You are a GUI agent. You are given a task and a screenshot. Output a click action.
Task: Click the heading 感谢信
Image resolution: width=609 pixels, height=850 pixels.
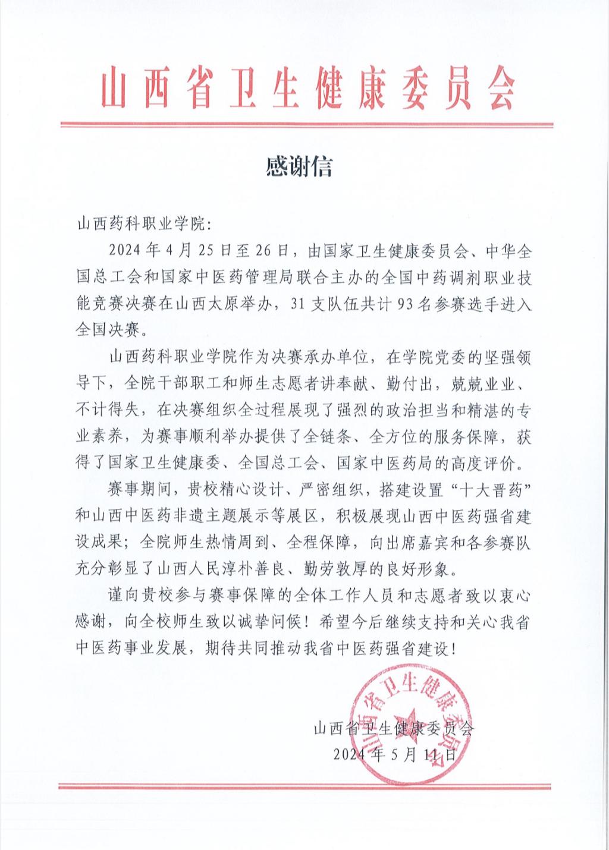pyautogui.click(x=299, y=167)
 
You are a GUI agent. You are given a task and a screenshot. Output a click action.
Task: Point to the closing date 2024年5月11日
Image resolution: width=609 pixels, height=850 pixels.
pyautogui.click(x=395, y=755)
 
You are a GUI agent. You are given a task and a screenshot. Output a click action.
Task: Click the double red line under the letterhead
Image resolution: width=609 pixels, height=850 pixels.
pyautogui.click(x=307, y=125)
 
